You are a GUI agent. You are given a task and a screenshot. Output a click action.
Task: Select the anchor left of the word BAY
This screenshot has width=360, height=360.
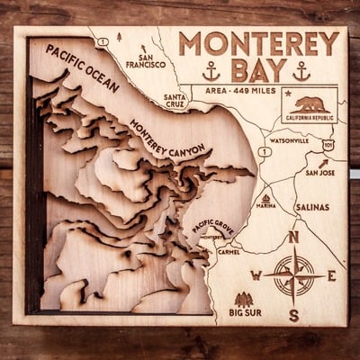(x=211, y=71)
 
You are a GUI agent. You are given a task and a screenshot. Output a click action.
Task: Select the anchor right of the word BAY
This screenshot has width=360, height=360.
(x=301, y=71)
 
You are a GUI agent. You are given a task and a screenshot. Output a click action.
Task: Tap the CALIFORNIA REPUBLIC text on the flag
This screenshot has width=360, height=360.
(x=308, y=118)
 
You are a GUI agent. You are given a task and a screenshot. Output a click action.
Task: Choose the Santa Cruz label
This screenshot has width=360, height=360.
(x=175, y=101)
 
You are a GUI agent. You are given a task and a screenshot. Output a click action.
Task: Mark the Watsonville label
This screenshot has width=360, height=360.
(x=288, y=141)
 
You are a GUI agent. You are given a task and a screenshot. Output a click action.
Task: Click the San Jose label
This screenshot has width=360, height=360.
(x=319, y=171)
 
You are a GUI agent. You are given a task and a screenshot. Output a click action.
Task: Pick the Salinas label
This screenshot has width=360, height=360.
(x=311, y=206)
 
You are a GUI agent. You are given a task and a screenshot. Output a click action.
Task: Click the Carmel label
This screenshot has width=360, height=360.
(x=229, y=251)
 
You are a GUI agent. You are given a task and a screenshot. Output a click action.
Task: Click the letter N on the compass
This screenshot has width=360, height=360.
(x=293, y=238)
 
